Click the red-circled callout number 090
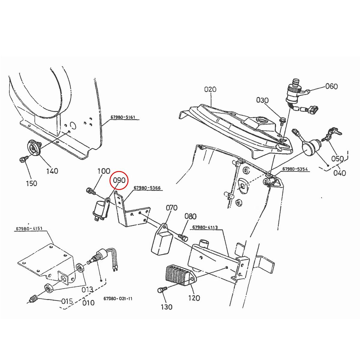119,181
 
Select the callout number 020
210,89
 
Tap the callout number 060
331,86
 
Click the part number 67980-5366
147,188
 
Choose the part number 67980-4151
29,229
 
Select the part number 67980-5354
295,169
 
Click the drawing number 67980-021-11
118,299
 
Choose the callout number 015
67,301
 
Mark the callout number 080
190,216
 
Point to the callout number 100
104,172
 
